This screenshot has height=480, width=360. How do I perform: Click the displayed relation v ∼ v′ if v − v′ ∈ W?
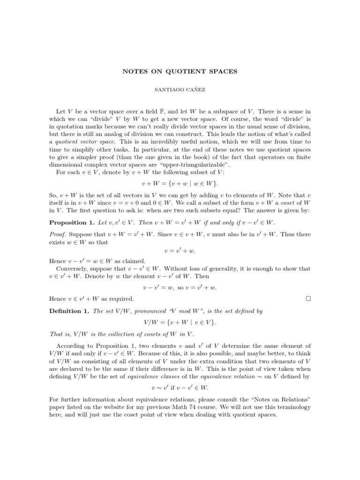click(x=180, y=388)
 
